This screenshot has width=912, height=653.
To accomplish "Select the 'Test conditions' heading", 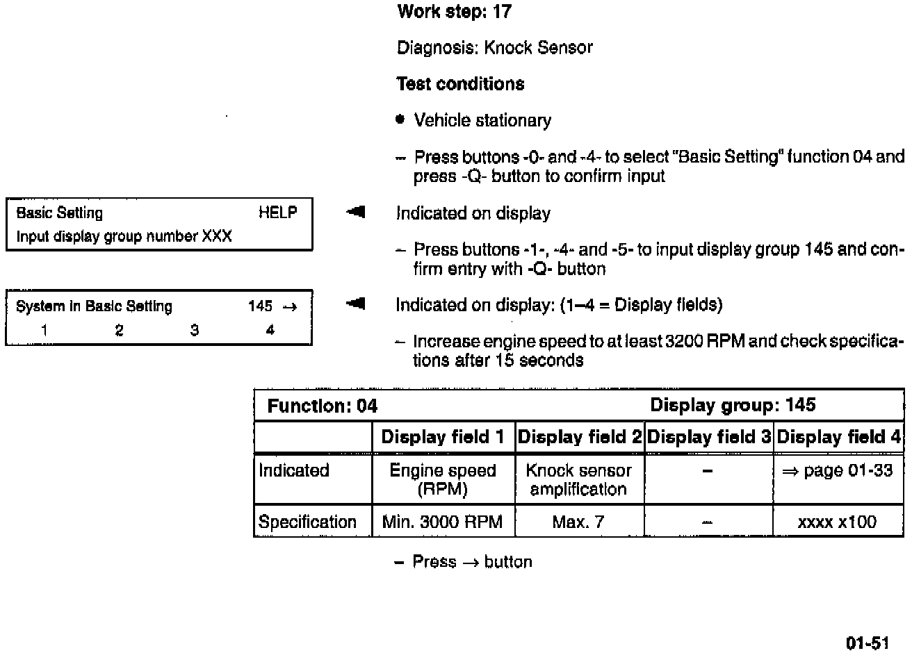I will point(460,84).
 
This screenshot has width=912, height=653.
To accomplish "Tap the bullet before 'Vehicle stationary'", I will point(400,119).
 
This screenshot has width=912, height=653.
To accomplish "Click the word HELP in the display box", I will point(277,213).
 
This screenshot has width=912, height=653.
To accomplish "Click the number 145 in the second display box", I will point(260,306).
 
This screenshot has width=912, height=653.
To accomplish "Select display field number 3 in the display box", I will point(195,331).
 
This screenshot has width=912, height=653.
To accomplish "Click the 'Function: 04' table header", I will point(323,406).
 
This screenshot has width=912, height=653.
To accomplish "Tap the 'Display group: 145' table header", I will point(733,405).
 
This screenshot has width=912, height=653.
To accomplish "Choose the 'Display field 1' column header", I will point(443,437).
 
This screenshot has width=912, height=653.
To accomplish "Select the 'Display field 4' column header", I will point(838,437).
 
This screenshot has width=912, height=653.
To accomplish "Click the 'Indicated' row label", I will point(293,470).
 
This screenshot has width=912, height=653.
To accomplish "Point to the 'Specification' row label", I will point(307,522).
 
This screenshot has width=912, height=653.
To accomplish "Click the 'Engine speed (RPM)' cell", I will point(443,479).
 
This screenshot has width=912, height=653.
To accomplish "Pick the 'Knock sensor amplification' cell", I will point(578,479).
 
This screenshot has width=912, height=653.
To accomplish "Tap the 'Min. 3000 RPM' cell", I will point(442,522).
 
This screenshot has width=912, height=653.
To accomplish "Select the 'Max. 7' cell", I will point(578,522).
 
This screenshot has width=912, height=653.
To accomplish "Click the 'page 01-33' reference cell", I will point(838,470).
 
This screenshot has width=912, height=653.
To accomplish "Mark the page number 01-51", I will point(868,643).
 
